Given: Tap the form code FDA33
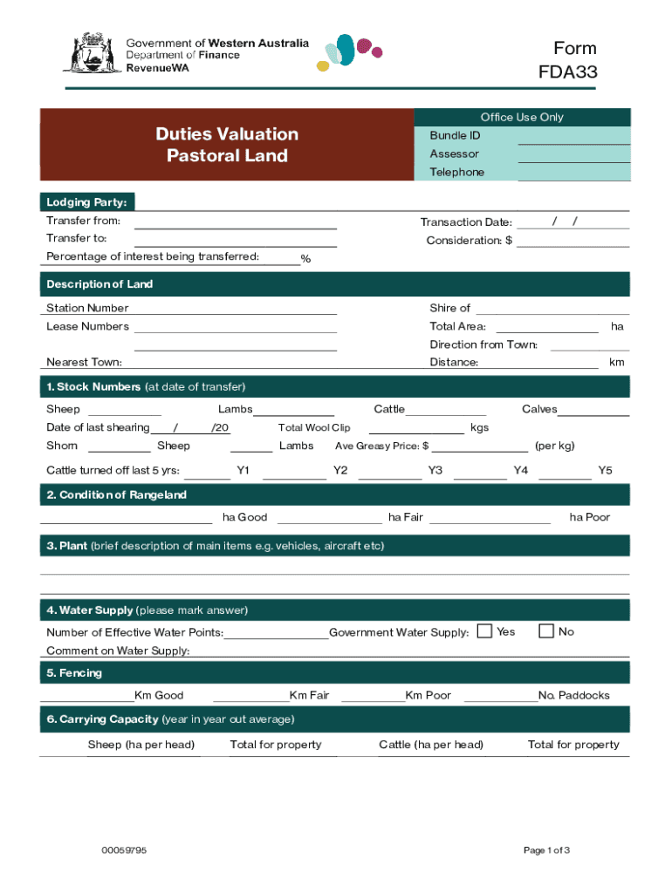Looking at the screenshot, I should (567, 72).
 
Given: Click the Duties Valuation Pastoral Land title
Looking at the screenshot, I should (227, 145).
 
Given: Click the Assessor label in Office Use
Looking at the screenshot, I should (454, 154).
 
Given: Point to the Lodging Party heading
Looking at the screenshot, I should (86, 202).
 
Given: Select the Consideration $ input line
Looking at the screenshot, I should (573, 242).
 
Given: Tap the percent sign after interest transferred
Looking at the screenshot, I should (305, 258).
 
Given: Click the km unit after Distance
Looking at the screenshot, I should (617, 363).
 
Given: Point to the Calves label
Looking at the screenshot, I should (539, 410).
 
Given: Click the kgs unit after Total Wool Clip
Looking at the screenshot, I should (479, 428).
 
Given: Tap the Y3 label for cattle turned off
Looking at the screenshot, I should (435, 471).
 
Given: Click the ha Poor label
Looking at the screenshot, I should (590, 517).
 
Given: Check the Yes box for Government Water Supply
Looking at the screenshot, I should (485, 631).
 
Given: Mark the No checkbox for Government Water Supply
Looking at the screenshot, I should (547, 631).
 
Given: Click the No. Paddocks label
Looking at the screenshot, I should (574, 696).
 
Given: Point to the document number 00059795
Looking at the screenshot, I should (124, 850).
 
